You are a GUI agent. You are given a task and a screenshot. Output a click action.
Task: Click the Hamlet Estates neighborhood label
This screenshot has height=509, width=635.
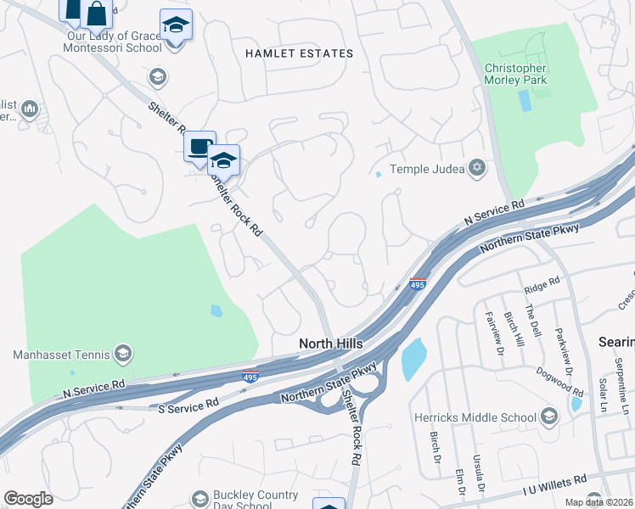pos(299,53)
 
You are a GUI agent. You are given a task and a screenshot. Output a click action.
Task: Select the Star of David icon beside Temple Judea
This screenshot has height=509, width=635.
pos(477,168)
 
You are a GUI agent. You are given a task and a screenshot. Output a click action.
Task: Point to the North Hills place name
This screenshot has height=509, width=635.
pos(331,344)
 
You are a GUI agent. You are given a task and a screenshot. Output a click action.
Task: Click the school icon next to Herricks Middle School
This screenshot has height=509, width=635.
pos(549,416)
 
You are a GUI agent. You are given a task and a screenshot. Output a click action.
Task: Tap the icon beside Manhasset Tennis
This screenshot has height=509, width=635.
pos(123,353)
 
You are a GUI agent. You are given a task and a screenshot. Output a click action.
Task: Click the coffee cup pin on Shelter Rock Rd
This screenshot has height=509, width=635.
pos(199,147)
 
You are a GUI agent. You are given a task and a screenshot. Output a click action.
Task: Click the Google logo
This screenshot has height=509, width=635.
pos(28,499)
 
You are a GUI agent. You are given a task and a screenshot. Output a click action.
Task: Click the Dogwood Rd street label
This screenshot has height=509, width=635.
pos(559,382)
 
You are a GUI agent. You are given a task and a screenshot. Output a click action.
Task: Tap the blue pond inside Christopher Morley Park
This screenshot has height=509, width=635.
pos(524,101)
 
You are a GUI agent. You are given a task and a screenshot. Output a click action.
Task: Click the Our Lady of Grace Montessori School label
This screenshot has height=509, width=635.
pos(112,42)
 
